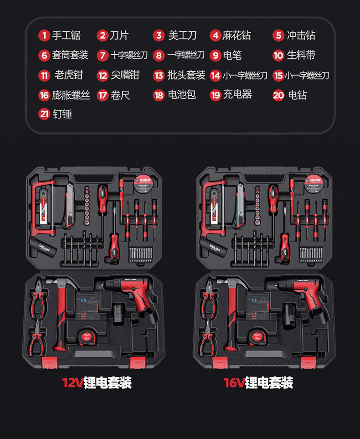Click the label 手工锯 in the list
pos(66,36)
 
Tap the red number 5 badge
pos(278,36)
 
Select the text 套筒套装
pos(70,55)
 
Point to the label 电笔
pos(232,55)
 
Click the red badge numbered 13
pos(158,75)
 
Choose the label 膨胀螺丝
pos(71,95)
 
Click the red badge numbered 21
pos(44,114)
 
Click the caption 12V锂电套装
pos(97,382)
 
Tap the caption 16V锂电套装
pos(258,382)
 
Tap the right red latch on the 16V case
pos(308,363)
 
